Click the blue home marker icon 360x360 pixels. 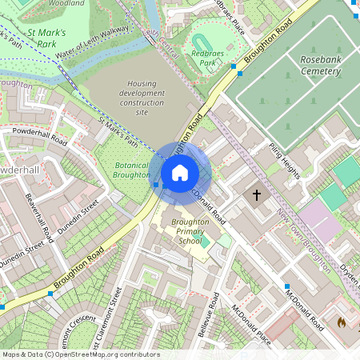coord(180,172)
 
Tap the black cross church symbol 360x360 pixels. coord(258,194)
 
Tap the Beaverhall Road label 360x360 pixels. coord(38,218)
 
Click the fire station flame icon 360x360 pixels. coord(341,323)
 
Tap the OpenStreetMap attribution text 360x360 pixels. coord(81,354)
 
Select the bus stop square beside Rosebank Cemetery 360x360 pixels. coord(239,74)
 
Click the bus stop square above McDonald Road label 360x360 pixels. coord(286,286)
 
